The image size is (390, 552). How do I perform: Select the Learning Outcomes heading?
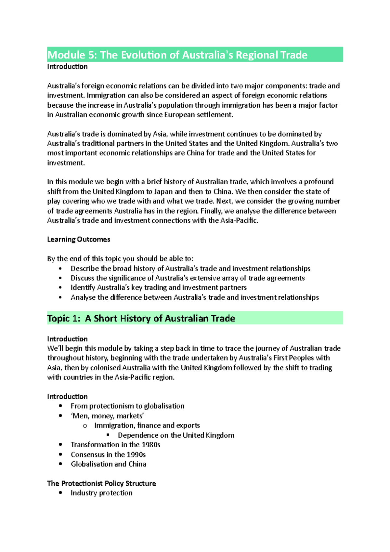(x=79, y=240)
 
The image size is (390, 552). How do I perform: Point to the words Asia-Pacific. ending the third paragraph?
(x=239, y=220)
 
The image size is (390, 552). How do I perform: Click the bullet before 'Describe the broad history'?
(x=60, y=269)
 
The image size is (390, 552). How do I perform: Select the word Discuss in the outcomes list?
(x=82, y=278)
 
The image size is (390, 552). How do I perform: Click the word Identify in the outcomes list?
(x=83, y=288)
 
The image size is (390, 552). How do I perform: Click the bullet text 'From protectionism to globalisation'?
(x=127, y=406)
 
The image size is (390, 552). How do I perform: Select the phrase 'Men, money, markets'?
(x=107, y=416)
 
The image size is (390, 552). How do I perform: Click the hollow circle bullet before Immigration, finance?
(x=85, y=426)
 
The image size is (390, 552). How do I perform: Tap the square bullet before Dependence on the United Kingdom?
(x=108, y=435)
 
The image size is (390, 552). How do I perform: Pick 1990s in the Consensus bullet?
(x=136, y=454)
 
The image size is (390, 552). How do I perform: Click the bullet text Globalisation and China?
(x=108, y=464)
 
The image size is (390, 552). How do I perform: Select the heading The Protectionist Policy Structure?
(x=101, y=483)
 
